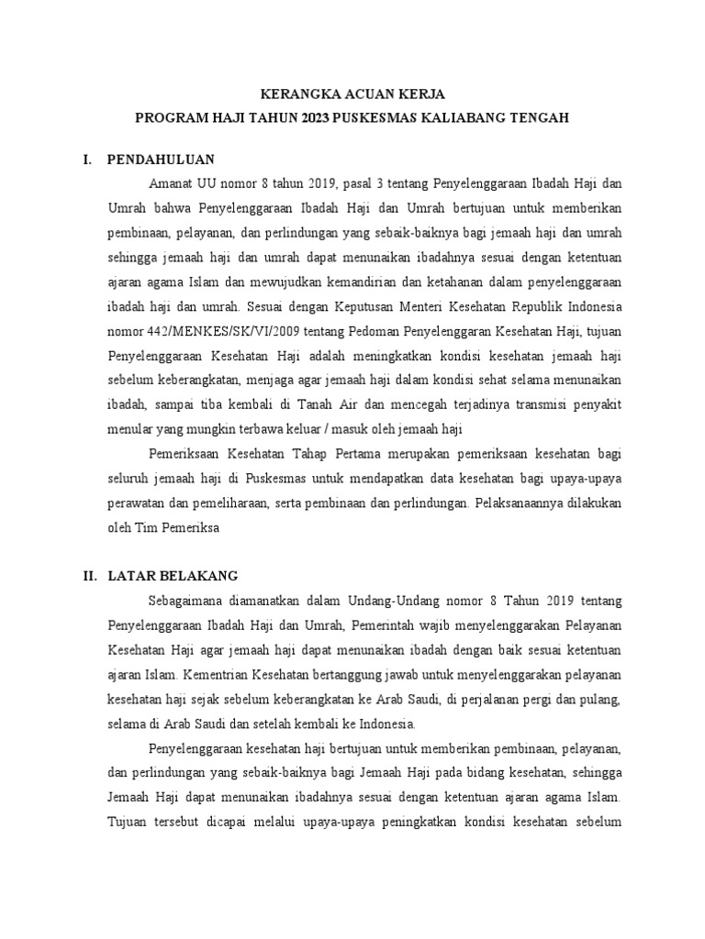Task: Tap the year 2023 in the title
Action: [319, 118]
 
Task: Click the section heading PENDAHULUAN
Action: [161, 159]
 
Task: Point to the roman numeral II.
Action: [90, 576]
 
